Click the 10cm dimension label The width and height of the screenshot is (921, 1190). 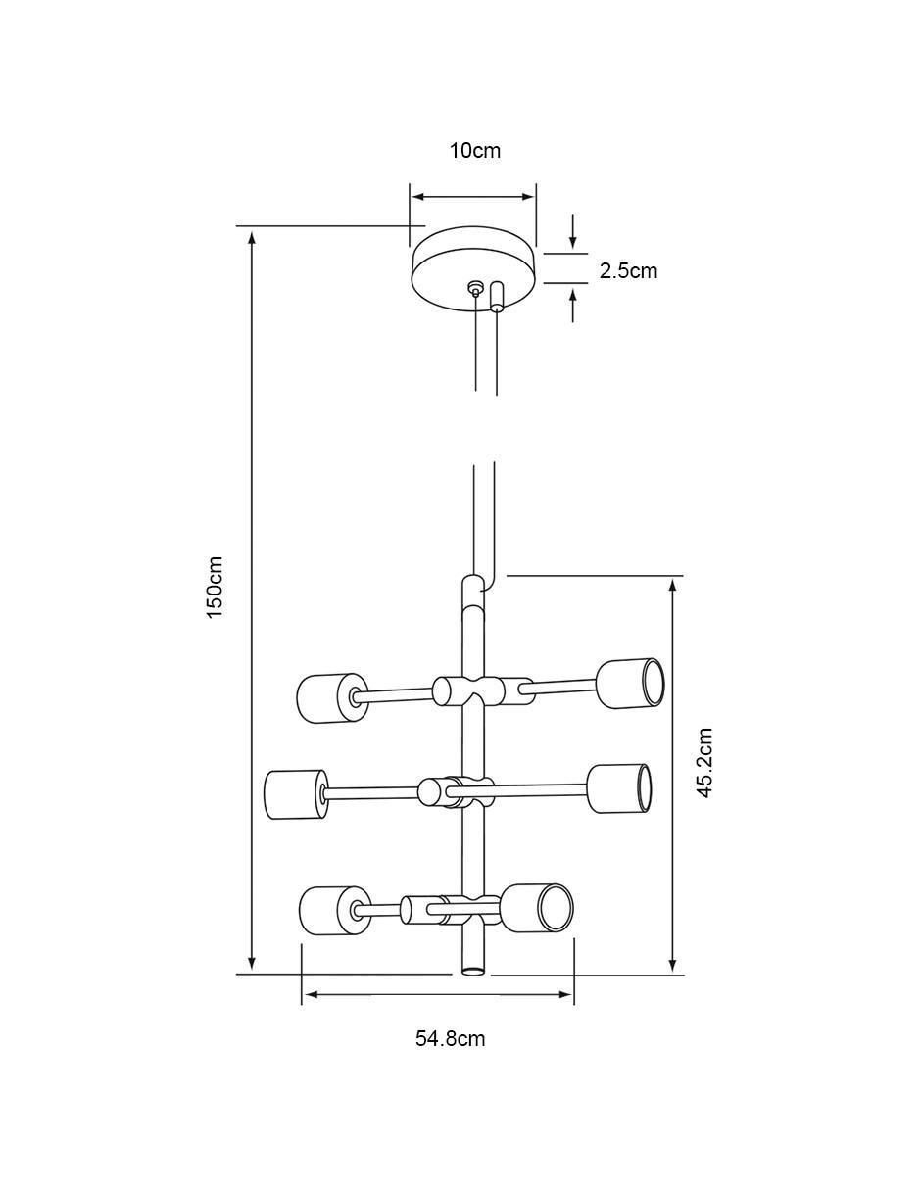[475, 150]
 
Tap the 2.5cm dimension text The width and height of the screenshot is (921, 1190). [628, 271]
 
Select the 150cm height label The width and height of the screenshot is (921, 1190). [216, 587]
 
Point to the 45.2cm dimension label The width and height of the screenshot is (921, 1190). [704, 763]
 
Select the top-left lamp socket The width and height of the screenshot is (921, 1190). [332, 698]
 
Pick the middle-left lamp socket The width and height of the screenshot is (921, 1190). [296, 794]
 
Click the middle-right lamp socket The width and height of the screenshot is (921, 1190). [619, 788]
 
